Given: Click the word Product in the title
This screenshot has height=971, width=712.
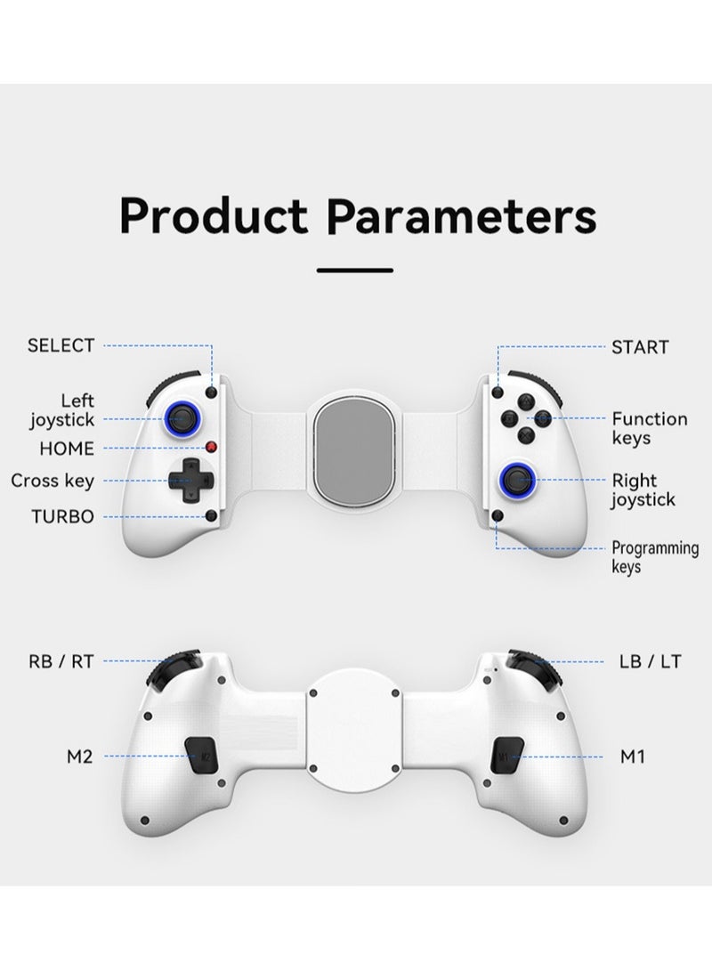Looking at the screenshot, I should pos(214,215).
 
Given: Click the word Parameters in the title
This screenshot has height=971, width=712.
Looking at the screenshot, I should pos(462,215).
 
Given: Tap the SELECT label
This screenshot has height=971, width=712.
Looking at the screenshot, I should pos(61,345).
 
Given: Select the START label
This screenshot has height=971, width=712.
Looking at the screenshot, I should pos(639,347).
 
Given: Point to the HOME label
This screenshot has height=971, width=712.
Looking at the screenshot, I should pos(66,449).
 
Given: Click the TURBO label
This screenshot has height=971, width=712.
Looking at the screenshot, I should pos(62,516).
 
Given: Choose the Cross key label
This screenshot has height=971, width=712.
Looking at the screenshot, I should pos(52,481).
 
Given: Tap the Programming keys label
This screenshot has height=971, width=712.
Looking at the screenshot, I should pos(654,557).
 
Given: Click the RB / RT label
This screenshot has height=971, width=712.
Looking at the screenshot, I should pos(61,660).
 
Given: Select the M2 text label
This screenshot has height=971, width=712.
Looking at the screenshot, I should pos(79,757).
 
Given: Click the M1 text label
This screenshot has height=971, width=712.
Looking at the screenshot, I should pos(632,757).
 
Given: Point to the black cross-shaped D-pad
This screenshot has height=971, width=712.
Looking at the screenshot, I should pos(189,481).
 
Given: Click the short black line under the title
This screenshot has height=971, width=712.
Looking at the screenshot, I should pos(355,269).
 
